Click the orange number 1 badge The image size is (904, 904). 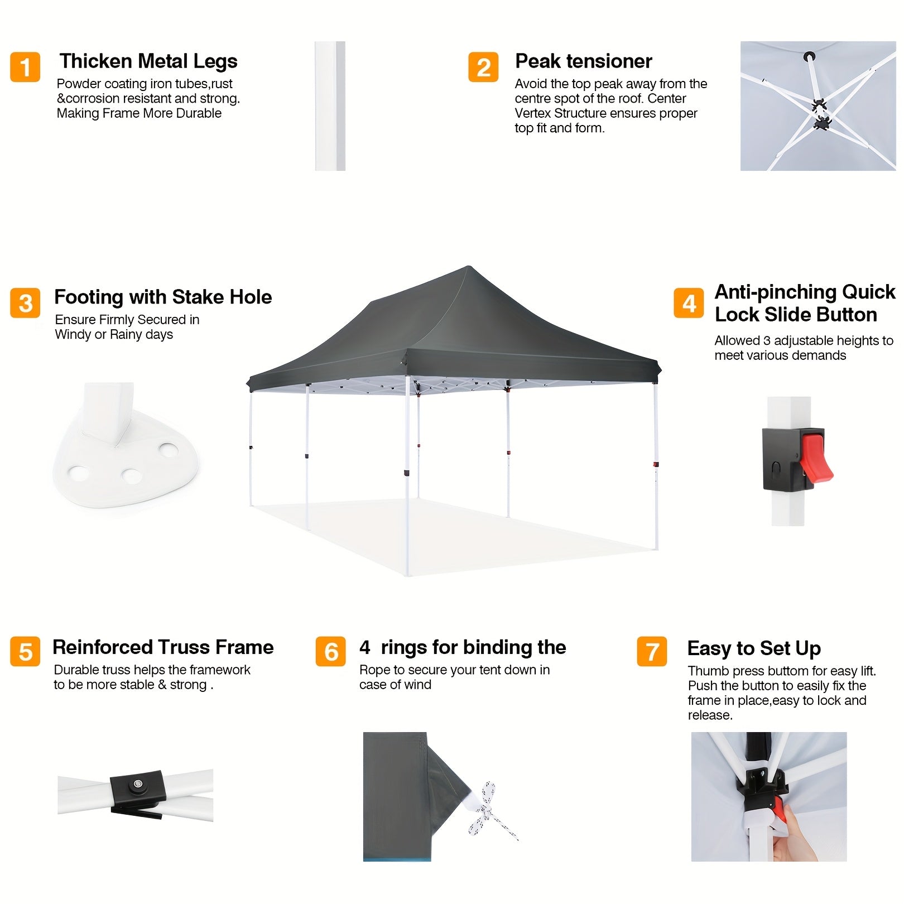tap(25, 67)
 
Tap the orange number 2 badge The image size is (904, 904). tap(483, 67)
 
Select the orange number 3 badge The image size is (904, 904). tap(25, 303)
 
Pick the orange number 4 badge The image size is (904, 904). tap(689, 303)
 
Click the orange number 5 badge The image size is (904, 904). tap(25, 651)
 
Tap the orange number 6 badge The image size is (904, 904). tap(330, 651)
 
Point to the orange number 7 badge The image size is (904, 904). tap(652, 651)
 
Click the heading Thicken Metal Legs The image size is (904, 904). tap(148, 61)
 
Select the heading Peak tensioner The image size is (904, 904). tap(583, 61)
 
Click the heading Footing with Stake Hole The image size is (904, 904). tap(163, 297)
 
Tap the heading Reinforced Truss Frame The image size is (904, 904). tap(163, 647)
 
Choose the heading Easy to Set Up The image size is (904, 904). tap(754, 648)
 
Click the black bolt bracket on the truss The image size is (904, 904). tap(137, 791)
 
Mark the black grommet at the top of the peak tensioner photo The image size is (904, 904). tap(809, 56)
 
